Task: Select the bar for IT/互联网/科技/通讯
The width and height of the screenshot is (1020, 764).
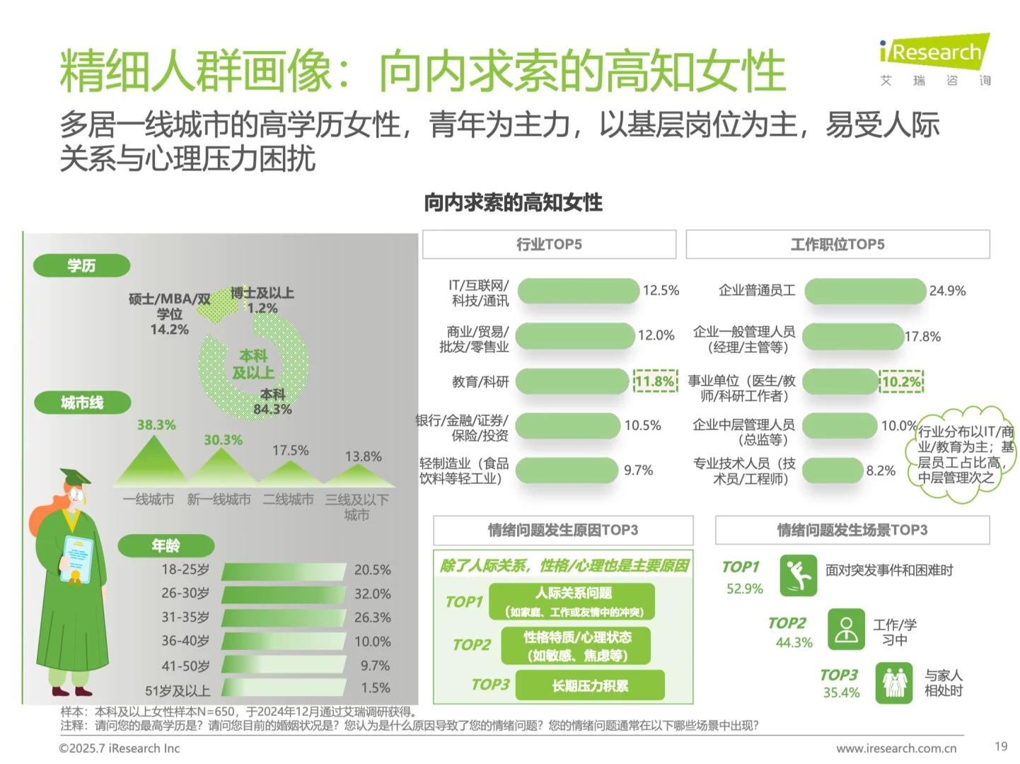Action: coord(578,291)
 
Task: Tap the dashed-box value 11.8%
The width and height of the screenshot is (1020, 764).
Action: coord(654,382)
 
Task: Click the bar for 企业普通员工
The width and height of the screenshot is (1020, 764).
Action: coord(865,291)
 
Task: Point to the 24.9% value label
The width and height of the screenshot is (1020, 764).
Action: coord(947,291)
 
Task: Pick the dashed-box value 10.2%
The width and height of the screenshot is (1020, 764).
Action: coord(901,382)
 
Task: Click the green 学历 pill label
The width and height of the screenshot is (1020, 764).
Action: coord(81,265)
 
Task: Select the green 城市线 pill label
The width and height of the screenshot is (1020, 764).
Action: coord(81,403)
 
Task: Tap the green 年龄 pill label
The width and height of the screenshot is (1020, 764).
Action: coord(166,545)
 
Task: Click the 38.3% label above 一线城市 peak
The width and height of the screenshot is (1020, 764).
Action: coord(156,425)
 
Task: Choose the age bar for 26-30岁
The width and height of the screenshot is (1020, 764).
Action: coord(284,594)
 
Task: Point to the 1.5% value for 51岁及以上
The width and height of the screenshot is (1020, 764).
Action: coord(375,688)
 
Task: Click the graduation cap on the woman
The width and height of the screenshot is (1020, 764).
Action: coord(76,477)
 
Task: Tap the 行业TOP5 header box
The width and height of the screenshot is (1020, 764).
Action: coord(549,245)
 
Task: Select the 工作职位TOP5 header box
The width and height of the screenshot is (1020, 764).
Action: coord(838,245)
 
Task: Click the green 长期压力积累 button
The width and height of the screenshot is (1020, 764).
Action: coord(590,685)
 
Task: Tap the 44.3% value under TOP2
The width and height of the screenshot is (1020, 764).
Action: coord(794,642)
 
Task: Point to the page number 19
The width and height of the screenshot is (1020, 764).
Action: coord(1000,746)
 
